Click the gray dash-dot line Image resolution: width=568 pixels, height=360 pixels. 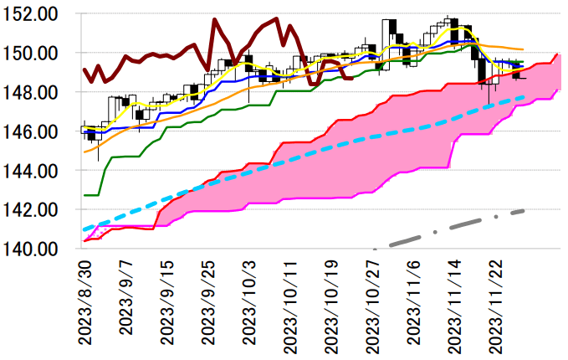(468, 223)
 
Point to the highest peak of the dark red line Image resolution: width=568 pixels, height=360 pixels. (216, 19)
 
